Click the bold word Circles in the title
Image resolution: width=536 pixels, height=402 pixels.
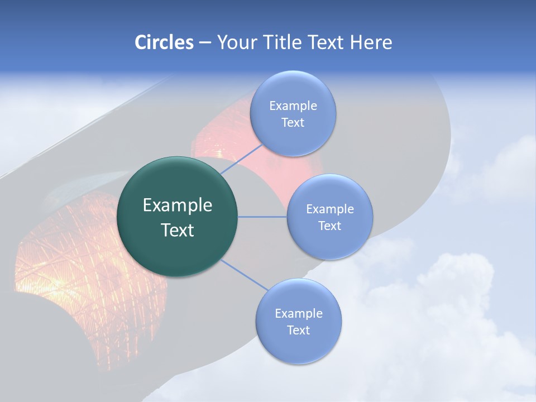(x=164, y=42)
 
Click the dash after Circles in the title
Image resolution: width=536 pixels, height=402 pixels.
(x=205, y=43)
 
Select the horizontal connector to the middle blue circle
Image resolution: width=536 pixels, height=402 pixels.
(x=262, y=217)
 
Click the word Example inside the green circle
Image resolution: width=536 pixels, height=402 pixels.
(x=177, y=205)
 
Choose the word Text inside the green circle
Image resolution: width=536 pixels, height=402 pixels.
(x=177, y=230)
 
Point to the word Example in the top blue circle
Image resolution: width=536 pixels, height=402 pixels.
(x=293, y=106)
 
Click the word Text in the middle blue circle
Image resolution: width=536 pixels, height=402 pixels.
(x=329, y=226)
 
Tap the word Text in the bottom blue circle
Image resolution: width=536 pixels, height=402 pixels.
(x=298, y=330)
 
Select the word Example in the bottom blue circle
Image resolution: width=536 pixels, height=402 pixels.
(x=298, y=313)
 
